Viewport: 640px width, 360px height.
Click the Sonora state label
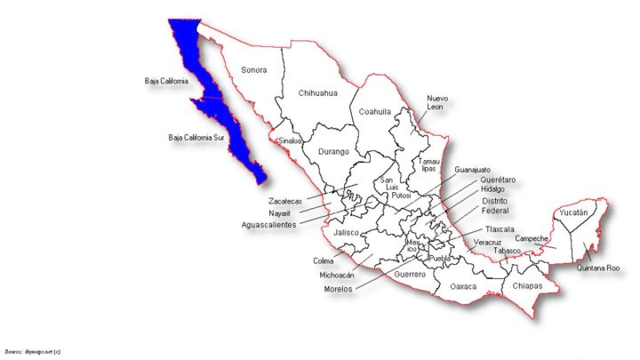click(254, 69)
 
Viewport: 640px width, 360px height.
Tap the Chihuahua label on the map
click(318, 92)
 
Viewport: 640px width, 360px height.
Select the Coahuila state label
click(374, 111)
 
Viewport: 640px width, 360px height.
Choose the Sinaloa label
click(290, 140)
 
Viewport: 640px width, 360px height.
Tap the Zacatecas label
click(285, 202)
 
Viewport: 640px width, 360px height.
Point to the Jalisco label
click(345, 233)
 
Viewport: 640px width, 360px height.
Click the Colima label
click(323, 260)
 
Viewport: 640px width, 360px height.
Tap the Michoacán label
click(337, 275)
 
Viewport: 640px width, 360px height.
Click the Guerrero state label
click(410, 275)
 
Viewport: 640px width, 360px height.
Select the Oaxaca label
click(463, 287)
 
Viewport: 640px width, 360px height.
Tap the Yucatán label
click(574, 213)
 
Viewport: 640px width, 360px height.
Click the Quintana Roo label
click(597, 268)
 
